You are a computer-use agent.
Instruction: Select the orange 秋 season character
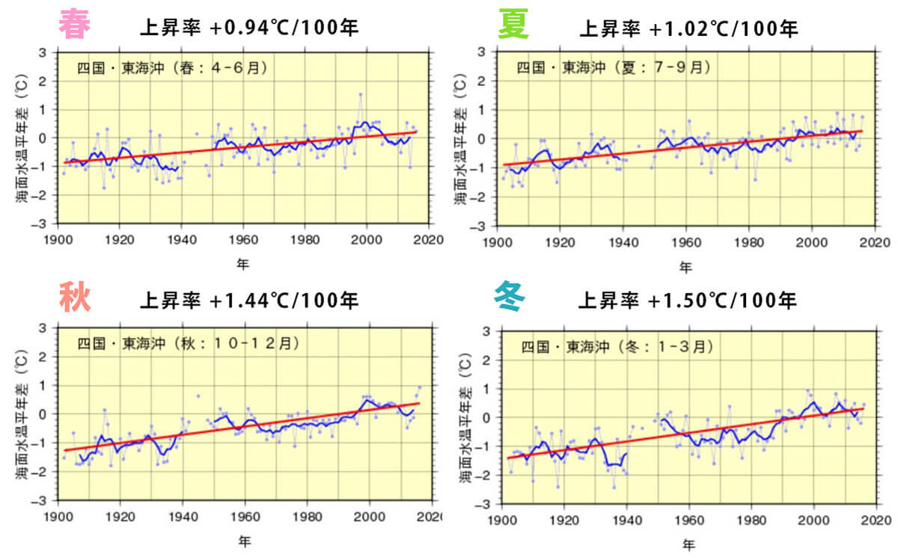click(x=75, y=298)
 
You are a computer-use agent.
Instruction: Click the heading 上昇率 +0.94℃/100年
click(x=249, y=28)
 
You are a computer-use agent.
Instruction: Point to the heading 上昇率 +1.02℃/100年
click(x=688, y=28)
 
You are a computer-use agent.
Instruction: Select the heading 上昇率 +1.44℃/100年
click(x=249, y=301)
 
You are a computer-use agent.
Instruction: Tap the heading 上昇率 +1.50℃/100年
click(x=687, y=301)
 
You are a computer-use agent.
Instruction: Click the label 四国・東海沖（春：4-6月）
click(x=172, y=68)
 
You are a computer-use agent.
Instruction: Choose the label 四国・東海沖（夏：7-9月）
click(x=612, y=68)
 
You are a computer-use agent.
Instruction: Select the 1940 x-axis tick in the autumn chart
click(x=183, y=517)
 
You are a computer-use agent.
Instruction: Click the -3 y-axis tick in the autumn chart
click(x=44, y=500)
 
